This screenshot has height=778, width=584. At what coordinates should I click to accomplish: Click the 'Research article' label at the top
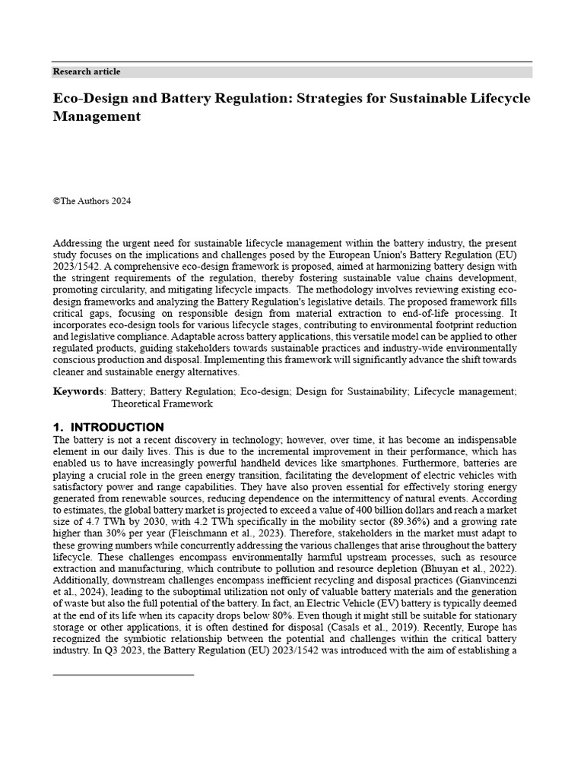point(86,71)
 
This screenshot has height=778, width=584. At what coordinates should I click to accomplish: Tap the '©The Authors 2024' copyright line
point(92,201)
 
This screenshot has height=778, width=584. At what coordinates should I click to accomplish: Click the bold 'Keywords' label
point(78,391)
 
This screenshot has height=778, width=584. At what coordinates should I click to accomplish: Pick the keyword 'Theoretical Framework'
point(162,404)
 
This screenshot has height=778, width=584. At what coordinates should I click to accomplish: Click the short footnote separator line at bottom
point(123,674)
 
